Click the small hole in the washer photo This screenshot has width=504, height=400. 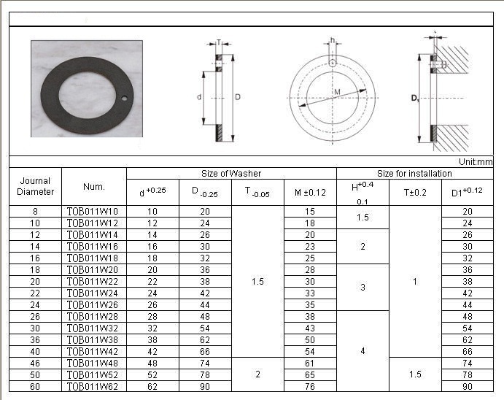coord(125,98)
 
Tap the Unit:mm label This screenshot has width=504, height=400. coord(476,161)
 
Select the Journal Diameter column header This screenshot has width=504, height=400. coord(36,186)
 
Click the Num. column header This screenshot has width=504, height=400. coord(94,186)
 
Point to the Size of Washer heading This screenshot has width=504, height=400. coord(231,174)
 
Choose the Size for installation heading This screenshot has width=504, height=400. coord(414,174)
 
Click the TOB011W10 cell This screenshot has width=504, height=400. coord(93,212)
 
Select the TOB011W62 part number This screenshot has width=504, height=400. coord(93,386)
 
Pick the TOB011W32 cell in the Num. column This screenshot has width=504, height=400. coord(93,328)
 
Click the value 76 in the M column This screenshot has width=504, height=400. coord(309,386)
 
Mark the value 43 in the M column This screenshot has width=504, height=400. coord(309,328)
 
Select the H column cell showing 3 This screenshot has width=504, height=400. coord(363,288)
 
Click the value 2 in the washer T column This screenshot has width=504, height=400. coord(257,374)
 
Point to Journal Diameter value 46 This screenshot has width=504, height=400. coord(35,363)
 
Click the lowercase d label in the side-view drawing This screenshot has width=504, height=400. coord(199,96)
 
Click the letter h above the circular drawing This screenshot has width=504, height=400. coord(332,40)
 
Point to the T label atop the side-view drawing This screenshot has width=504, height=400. coord(218,42)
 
